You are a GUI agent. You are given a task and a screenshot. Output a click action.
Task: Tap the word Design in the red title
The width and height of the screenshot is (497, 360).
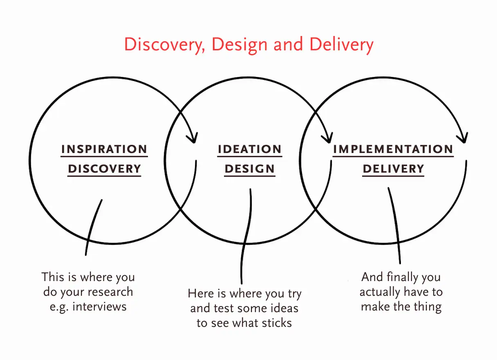240,45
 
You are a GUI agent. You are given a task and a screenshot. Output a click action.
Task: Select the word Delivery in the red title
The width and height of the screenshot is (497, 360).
341,45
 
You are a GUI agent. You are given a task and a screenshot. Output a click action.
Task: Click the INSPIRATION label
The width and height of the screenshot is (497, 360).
104,149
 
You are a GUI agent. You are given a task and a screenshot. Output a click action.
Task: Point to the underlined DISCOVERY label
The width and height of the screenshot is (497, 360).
104,169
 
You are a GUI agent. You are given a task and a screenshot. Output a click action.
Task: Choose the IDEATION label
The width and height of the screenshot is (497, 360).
250,149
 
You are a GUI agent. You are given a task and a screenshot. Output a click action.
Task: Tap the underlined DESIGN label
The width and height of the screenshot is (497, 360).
250,169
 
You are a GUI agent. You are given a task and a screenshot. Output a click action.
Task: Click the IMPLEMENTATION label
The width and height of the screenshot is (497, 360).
393,149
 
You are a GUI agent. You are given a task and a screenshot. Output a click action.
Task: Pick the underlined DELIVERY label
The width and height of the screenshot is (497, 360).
393,169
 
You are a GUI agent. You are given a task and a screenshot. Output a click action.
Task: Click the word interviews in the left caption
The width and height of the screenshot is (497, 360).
99,307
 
